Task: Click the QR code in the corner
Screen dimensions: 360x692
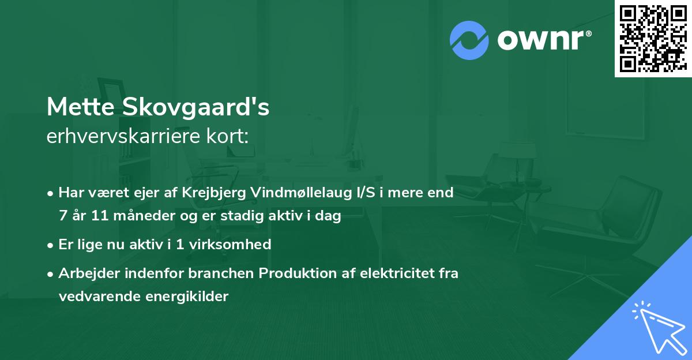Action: pos(652,38)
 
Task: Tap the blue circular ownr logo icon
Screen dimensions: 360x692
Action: pos(469,40)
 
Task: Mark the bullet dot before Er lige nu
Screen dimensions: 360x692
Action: pos(51,245)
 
